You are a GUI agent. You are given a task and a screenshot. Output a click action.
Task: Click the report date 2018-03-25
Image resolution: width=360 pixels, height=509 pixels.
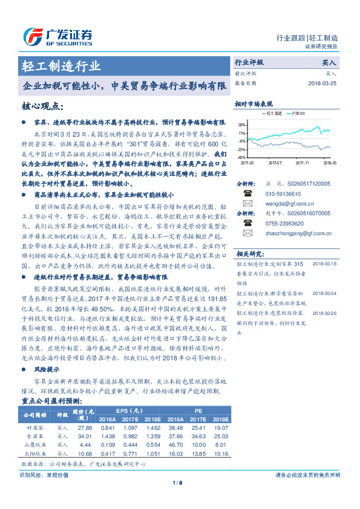pos(323,83)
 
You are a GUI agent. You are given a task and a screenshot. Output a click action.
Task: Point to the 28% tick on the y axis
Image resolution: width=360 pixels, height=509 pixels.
pos(242,123)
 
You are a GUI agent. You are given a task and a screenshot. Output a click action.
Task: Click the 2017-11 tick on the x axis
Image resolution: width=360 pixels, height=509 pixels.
pos(303,162)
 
